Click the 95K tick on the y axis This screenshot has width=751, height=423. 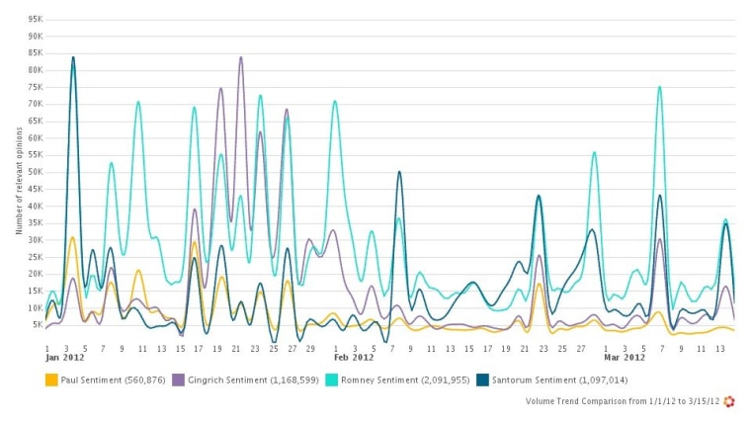pyautogui.click(x=34, y=19)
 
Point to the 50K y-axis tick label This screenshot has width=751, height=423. pyautogui.click(x=34, y=172)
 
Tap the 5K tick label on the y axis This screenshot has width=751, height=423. pyautogui.click(x=36, y=324)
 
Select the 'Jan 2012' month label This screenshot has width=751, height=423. pyautogui.click(x=61, y=358)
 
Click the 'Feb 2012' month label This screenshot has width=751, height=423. pyautogui.click(x=354, y=358)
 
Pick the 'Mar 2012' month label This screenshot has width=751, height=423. pyautogui.click(x=625, y=358)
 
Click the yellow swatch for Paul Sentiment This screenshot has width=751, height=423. pyautogui.click(x=50, y=379)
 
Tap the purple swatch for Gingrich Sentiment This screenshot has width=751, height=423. pyautogui.click(x=178, y=379)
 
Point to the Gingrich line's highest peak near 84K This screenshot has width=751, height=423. pyautogui.click(x=240, y=57)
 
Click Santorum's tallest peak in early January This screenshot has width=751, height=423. pyautogui.click(x=73, y=57)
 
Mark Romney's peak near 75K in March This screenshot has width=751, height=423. pyautogui.click(x=659, y=87)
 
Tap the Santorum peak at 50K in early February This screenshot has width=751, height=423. pyautogui.click(x=399, y=172)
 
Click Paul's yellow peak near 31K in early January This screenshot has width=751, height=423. pyautogui.click(x=72, y=237)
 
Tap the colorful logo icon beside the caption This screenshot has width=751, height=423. pyautogui.click(x=729, y=402)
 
